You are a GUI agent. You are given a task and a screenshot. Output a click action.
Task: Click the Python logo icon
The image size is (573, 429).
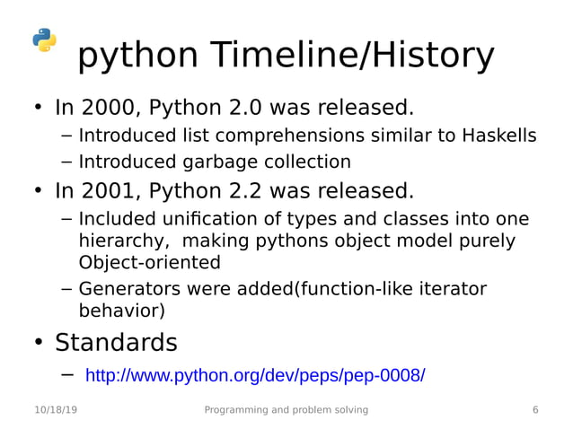(x=44, y=40)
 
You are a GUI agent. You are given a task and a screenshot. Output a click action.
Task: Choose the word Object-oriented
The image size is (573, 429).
(x=149, y=263)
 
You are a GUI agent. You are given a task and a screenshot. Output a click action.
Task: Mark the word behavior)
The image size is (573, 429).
(x=122, y=311)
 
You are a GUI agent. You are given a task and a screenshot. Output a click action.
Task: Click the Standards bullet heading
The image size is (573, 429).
(x=116, y=343)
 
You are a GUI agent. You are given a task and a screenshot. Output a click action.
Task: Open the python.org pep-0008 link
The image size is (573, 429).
(x=254, y=375)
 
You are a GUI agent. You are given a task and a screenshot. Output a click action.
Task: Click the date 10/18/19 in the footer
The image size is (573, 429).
(x=55, y=410)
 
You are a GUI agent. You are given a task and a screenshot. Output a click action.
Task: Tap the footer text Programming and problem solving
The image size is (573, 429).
(x=286, y=410)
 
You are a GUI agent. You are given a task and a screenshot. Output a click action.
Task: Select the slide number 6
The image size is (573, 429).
(x=535, y=410)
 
